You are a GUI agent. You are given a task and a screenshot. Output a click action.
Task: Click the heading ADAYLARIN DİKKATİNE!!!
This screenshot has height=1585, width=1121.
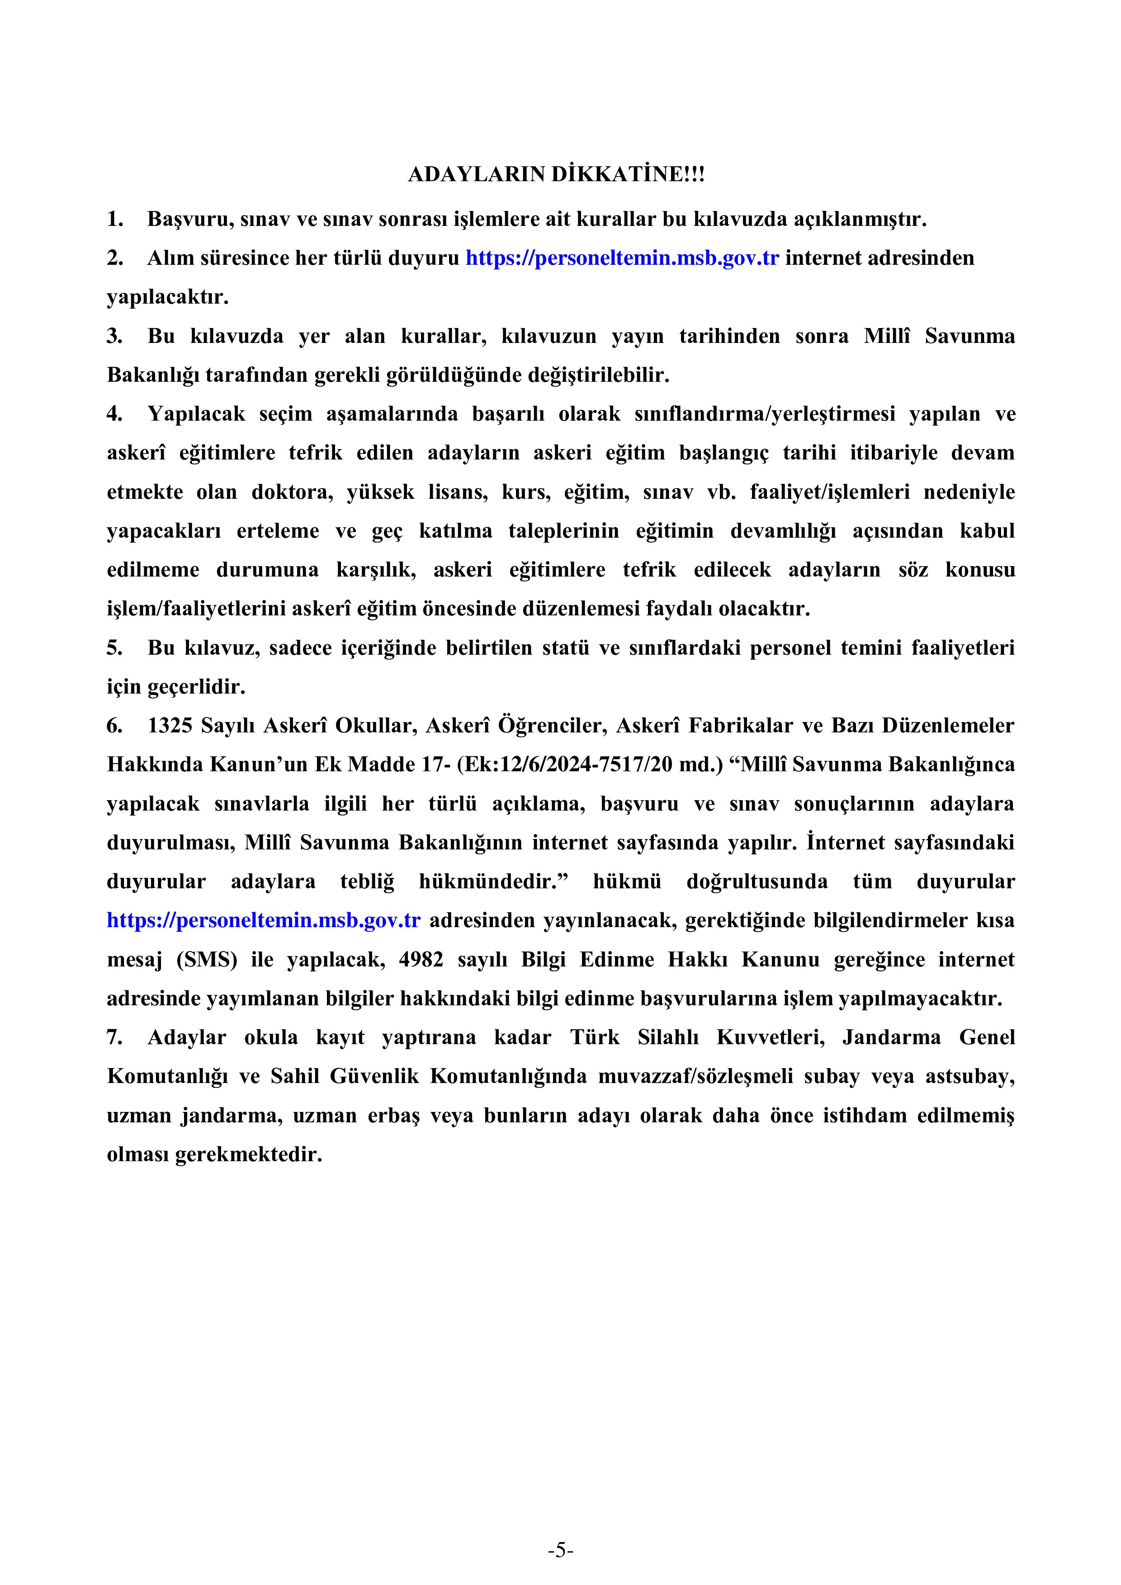coord(557,175)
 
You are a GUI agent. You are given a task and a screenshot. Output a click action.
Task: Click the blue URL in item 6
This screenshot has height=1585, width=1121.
coord(264,921)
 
